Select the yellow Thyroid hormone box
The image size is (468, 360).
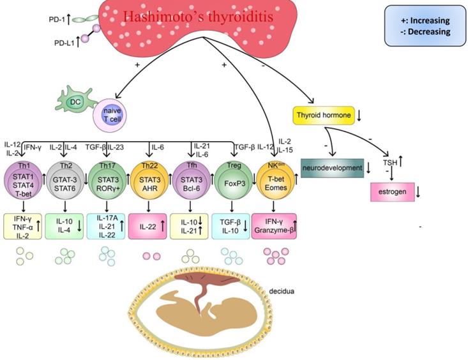(x=323, y=116)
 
